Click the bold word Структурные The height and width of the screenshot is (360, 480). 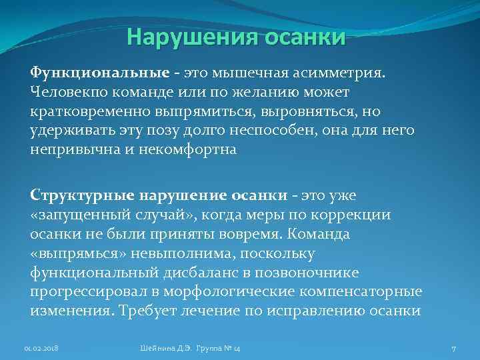click(x=82, y=196)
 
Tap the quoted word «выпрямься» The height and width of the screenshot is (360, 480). click(x=74, y=254)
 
